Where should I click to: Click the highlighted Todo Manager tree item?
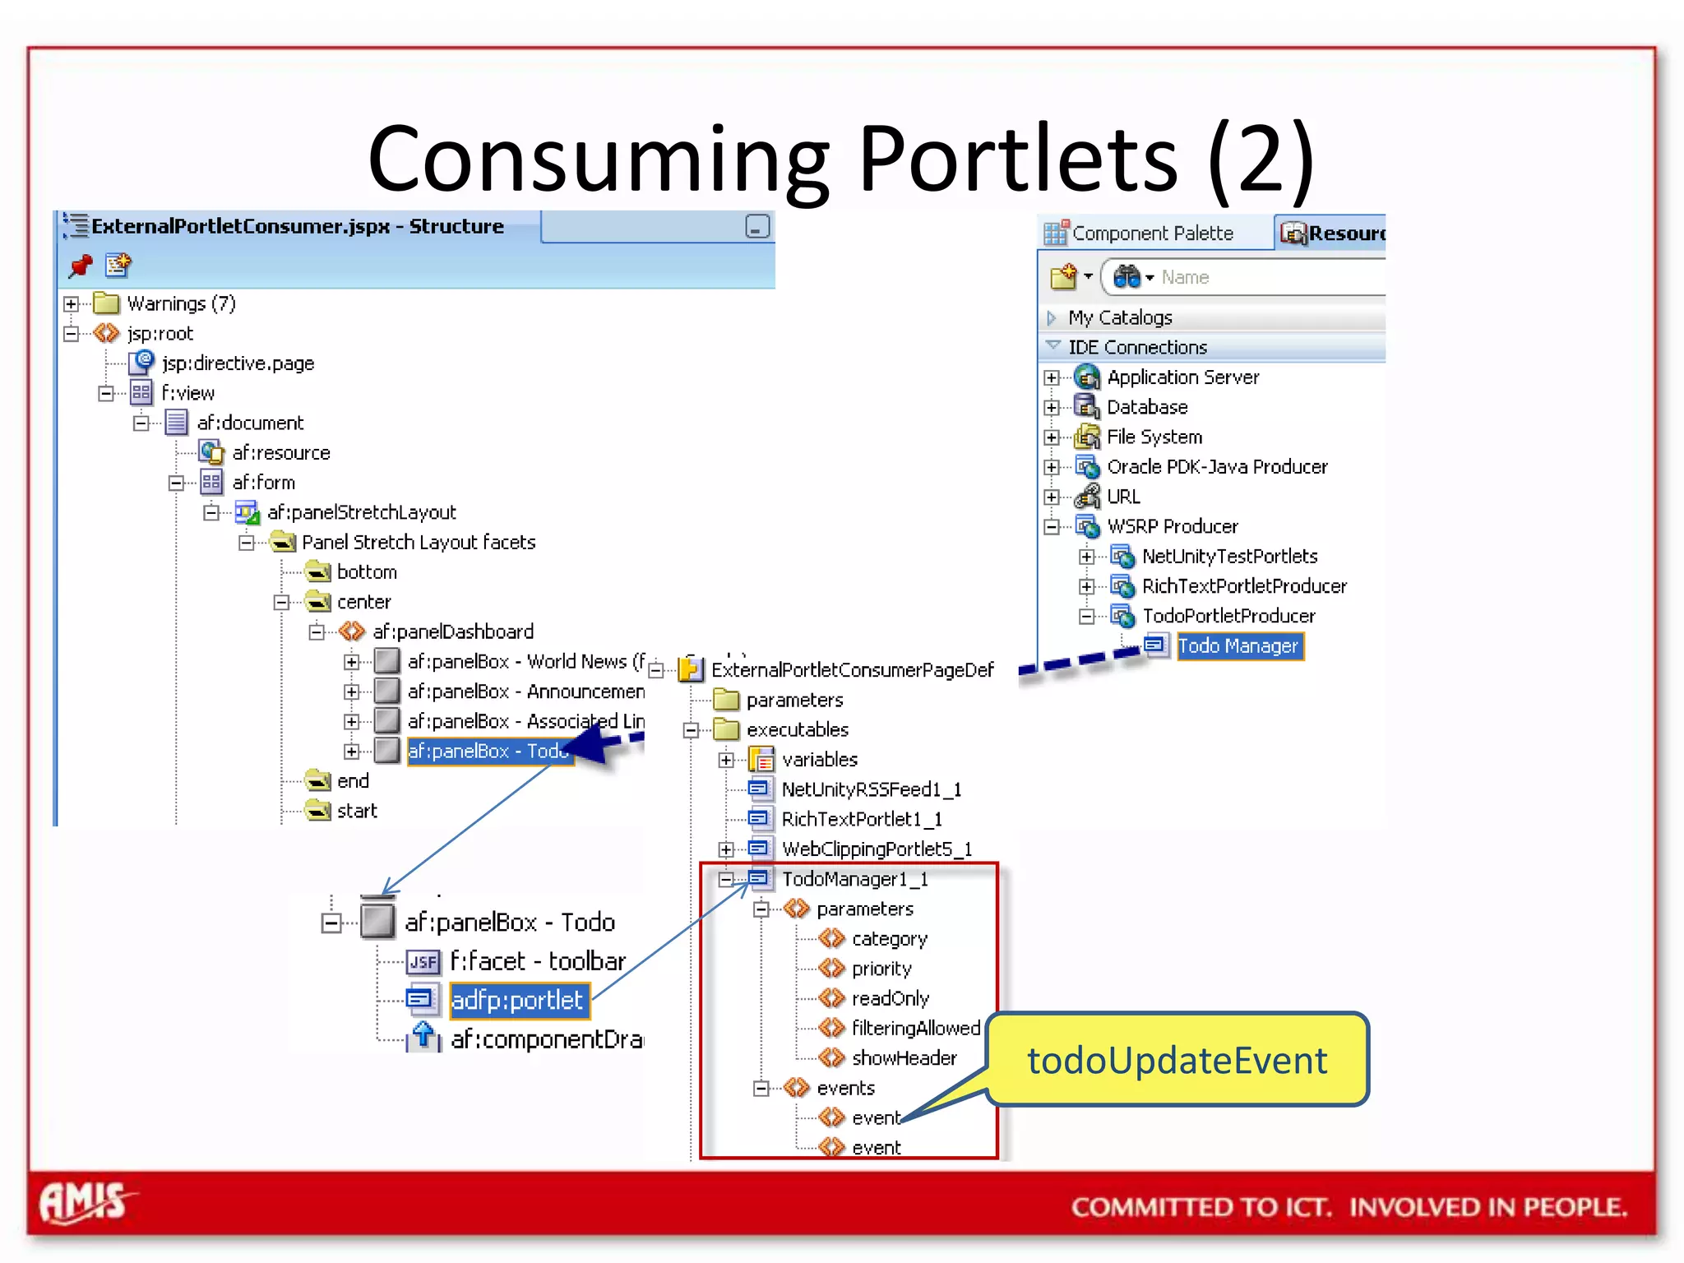coord(1238,646)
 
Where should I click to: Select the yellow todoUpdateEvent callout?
coord(1177,1060)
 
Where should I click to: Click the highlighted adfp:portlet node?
coord(517,1000)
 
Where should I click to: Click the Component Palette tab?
coord(1151,234)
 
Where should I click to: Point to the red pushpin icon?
coord(81,266)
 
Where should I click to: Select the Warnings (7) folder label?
coord(181,304)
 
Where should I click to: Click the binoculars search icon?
coord(1127,277)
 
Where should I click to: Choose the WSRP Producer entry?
coord(1172,526)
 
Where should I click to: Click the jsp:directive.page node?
coord(238,363)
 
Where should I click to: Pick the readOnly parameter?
coord(890,999)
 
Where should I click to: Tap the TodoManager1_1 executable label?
coord(854,880)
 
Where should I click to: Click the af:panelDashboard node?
coord(452,631)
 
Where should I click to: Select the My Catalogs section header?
coord(1120,317)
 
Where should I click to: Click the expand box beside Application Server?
coord(1052,378)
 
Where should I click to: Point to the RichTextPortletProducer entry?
coord(1243,586)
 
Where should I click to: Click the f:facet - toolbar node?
coord(537,961)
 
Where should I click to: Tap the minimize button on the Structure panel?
coord(756,226)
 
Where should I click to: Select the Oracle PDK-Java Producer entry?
coord(1217,467)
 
